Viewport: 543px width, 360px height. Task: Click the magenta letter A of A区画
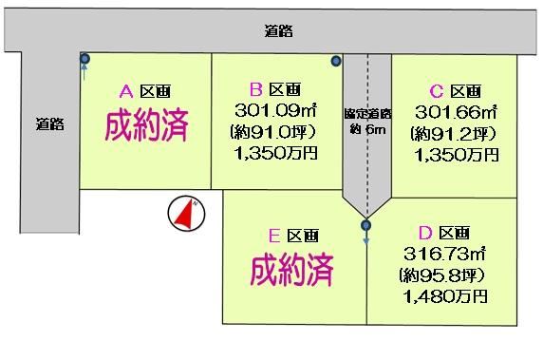pyautogui.click(x=126, y=92)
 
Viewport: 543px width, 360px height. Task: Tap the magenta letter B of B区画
pyautogui.click(x=256, y=89)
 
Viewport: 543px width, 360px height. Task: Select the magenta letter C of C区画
pyautogui.click(x=437, y=91)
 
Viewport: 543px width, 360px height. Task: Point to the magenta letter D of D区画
pyautogui.click(x=425, y=233)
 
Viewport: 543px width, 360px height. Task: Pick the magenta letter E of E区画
pyautogui.click(x=274, y=236)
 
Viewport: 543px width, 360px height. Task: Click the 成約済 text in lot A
pyautogui.click(x=146, y=125)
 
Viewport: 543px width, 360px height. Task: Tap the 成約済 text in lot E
pyautogui.click(x=291, y=270)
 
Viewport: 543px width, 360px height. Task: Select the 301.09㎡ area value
pyautogui.click(x=275, y=110)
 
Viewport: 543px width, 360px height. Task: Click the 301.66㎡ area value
pyautogui.click(x=456, y=112)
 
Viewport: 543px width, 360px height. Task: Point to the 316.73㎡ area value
pyautogui.click(x=444, y=254)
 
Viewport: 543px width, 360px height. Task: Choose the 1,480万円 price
pyautogui.click(x=445, y=296)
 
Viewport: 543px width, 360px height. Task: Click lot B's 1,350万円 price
pyautogui.click(x=276, y=153)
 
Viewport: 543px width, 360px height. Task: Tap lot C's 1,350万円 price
pyautogui.click(x=457, y=155)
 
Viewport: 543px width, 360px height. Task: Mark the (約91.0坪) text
pyautogui.click(x=273, y=132)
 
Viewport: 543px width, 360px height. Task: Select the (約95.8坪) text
pyautogui.click(x=441, y=275)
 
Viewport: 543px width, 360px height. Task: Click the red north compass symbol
pyautogui.click(x=186, y=214)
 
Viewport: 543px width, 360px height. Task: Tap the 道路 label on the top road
pyautogui.click(x=279, y=31)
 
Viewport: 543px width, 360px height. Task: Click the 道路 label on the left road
pyautogui.click(x=50, y=123)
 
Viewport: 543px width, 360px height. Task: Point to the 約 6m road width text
pyautogui.click(x=367, y=130)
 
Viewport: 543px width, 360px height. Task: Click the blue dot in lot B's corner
pyautogui.click(x=336, y=62)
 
